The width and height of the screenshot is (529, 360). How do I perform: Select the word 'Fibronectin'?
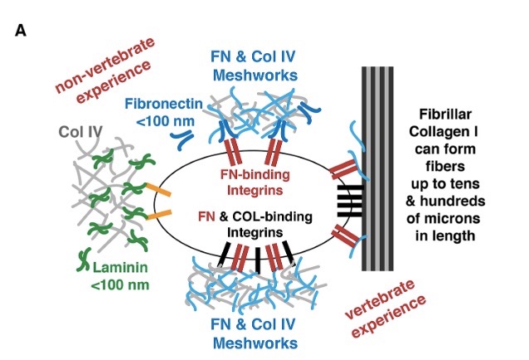(163, 104)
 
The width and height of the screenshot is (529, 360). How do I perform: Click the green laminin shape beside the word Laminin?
(85, 260)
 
